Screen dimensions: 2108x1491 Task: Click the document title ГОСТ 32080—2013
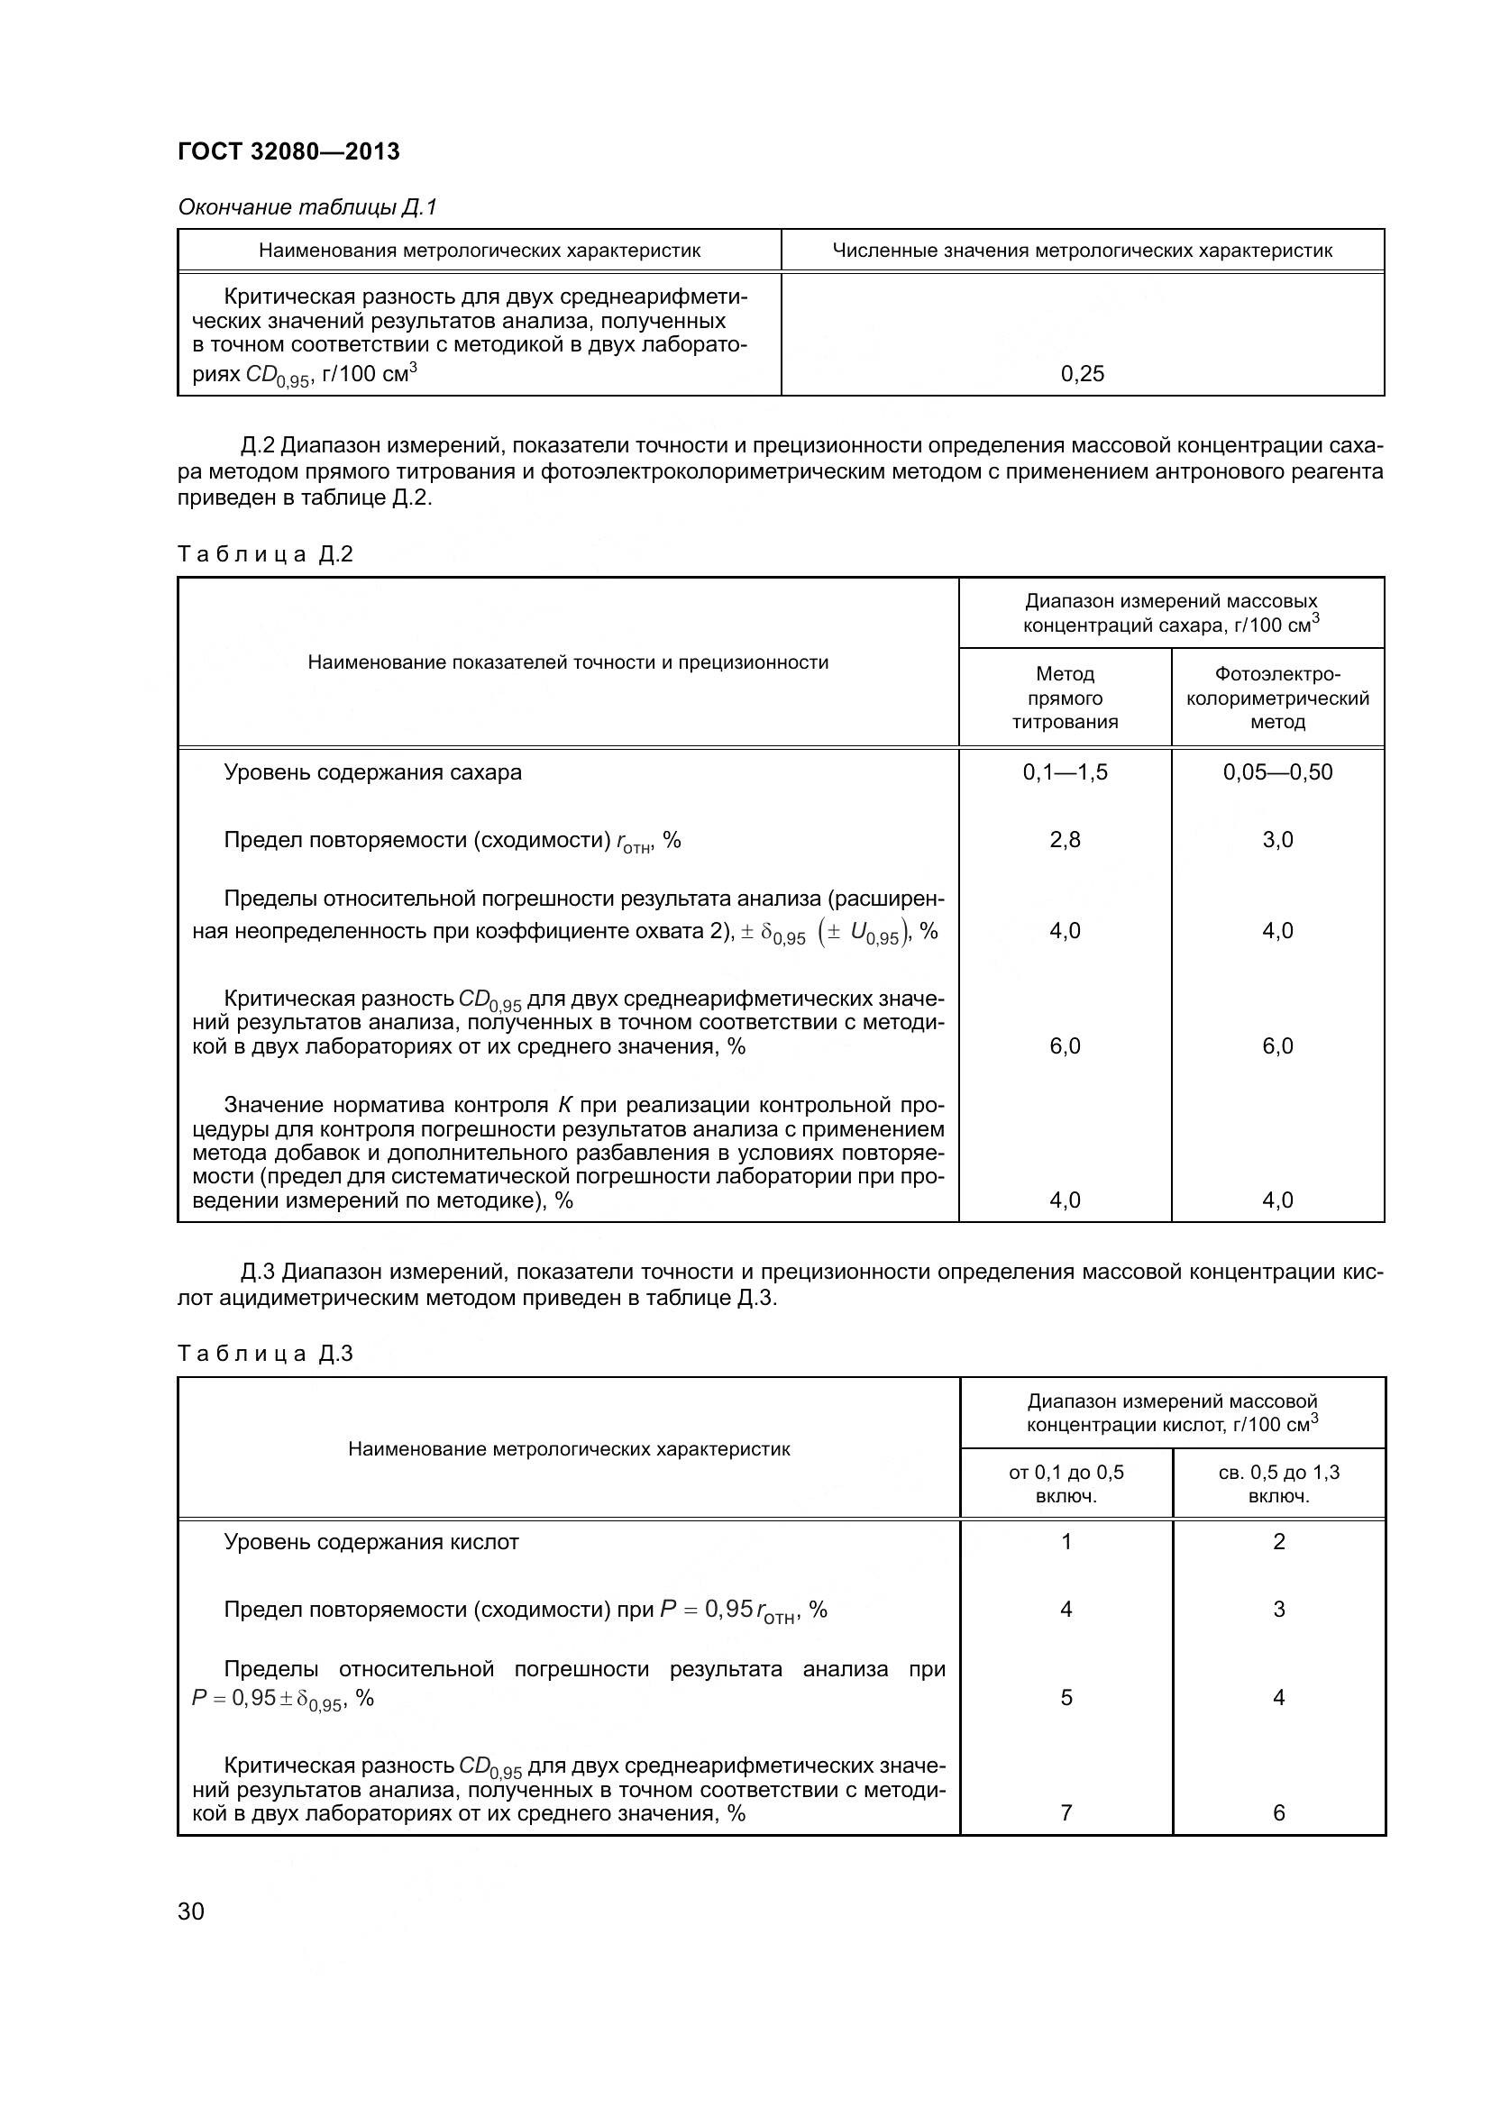(x=288, y=151)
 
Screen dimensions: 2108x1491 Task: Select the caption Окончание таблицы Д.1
(x=306, y=207)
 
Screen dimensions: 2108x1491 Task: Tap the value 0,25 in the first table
(x=1082, y=374)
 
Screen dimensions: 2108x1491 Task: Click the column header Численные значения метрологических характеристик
(x=1082, y=251)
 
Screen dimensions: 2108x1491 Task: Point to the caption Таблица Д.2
(x=264, y=554)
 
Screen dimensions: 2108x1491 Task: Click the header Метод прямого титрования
(x=1064, y=698)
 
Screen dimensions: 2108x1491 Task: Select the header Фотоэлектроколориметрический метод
(x=1277, y=698)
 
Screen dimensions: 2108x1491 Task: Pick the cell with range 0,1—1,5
(x=1064, y=772)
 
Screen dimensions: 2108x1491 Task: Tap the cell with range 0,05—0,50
(x=1277, y=772)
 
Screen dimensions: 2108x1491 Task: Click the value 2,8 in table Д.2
(x=1064, y=840)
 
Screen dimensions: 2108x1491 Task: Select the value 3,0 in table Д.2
(x=1277, y=840)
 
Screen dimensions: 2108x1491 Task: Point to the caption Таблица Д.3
(x=264, y=1354)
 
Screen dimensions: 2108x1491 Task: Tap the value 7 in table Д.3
(x=1065, y=1812)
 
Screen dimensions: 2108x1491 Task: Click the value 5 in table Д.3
(x=1065, y=1698)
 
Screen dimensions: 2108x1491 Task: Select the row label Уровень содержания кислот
(x=370, y=1542)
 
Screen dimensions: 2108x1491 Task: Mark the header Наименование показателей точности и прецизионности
(x=567, y=663)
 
